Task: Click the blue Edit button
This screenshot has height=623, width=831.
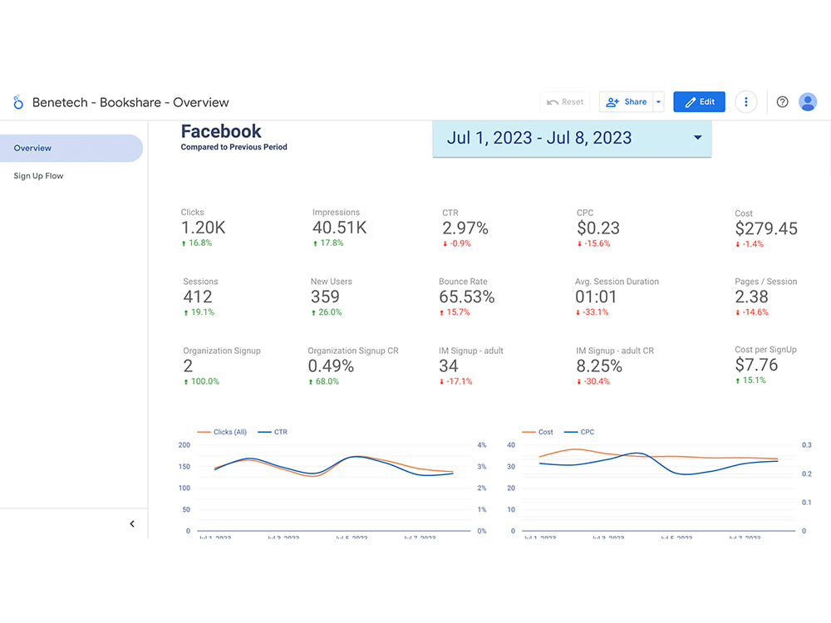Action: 699,102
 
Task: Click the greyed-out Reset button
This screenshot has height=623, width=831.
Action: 564,102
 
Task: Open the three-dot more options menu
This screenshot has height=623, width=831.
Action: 746,102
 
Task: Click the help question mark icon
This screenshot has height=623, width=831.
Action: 782,102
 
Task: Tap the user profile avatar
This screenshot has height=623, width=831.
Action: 808,102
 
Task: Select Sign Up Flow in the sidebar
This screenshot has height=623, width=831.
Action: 38,176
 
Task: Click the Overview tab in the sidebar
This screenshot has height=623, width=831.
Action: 33,148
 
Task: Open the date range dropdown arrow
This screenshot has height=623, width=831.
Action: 697,138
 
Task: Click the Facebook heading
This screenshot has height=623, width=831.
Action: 221,131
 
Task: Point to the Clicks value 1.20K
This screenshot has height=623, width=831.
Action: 204,228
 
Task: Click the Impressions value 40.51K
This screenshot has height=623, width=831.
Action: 339,228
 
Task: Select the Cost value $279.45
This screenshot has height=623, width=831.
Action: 766,228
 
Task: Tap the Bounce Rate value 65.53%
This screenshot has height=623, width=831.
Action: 466,297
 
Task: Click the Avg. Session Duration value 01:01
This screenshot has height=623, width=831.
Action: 596,297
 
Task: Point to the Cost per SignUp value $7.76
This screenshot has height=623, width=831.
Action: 756,365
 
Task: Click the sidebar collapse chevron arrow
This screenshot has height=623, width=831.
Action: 132,524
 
